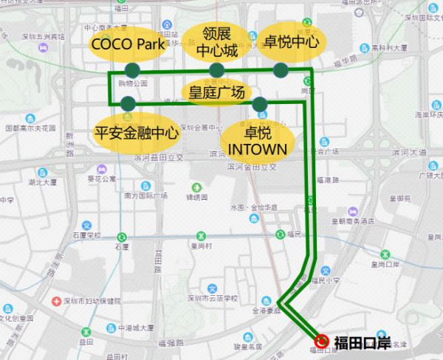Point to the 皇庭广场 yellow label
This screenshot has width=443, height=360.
click(x=216, y=92)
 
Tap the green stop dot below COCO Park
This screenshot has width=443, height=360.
click(x=132, y=70)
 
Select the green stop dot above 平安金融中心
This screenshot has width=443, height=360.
click(x=128, y=103)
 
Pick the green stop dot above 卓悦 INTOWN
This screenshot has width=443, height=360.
click(x=259, y=104)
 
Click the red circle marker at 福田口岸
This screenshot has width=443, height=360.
click(x=323, y=341)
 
